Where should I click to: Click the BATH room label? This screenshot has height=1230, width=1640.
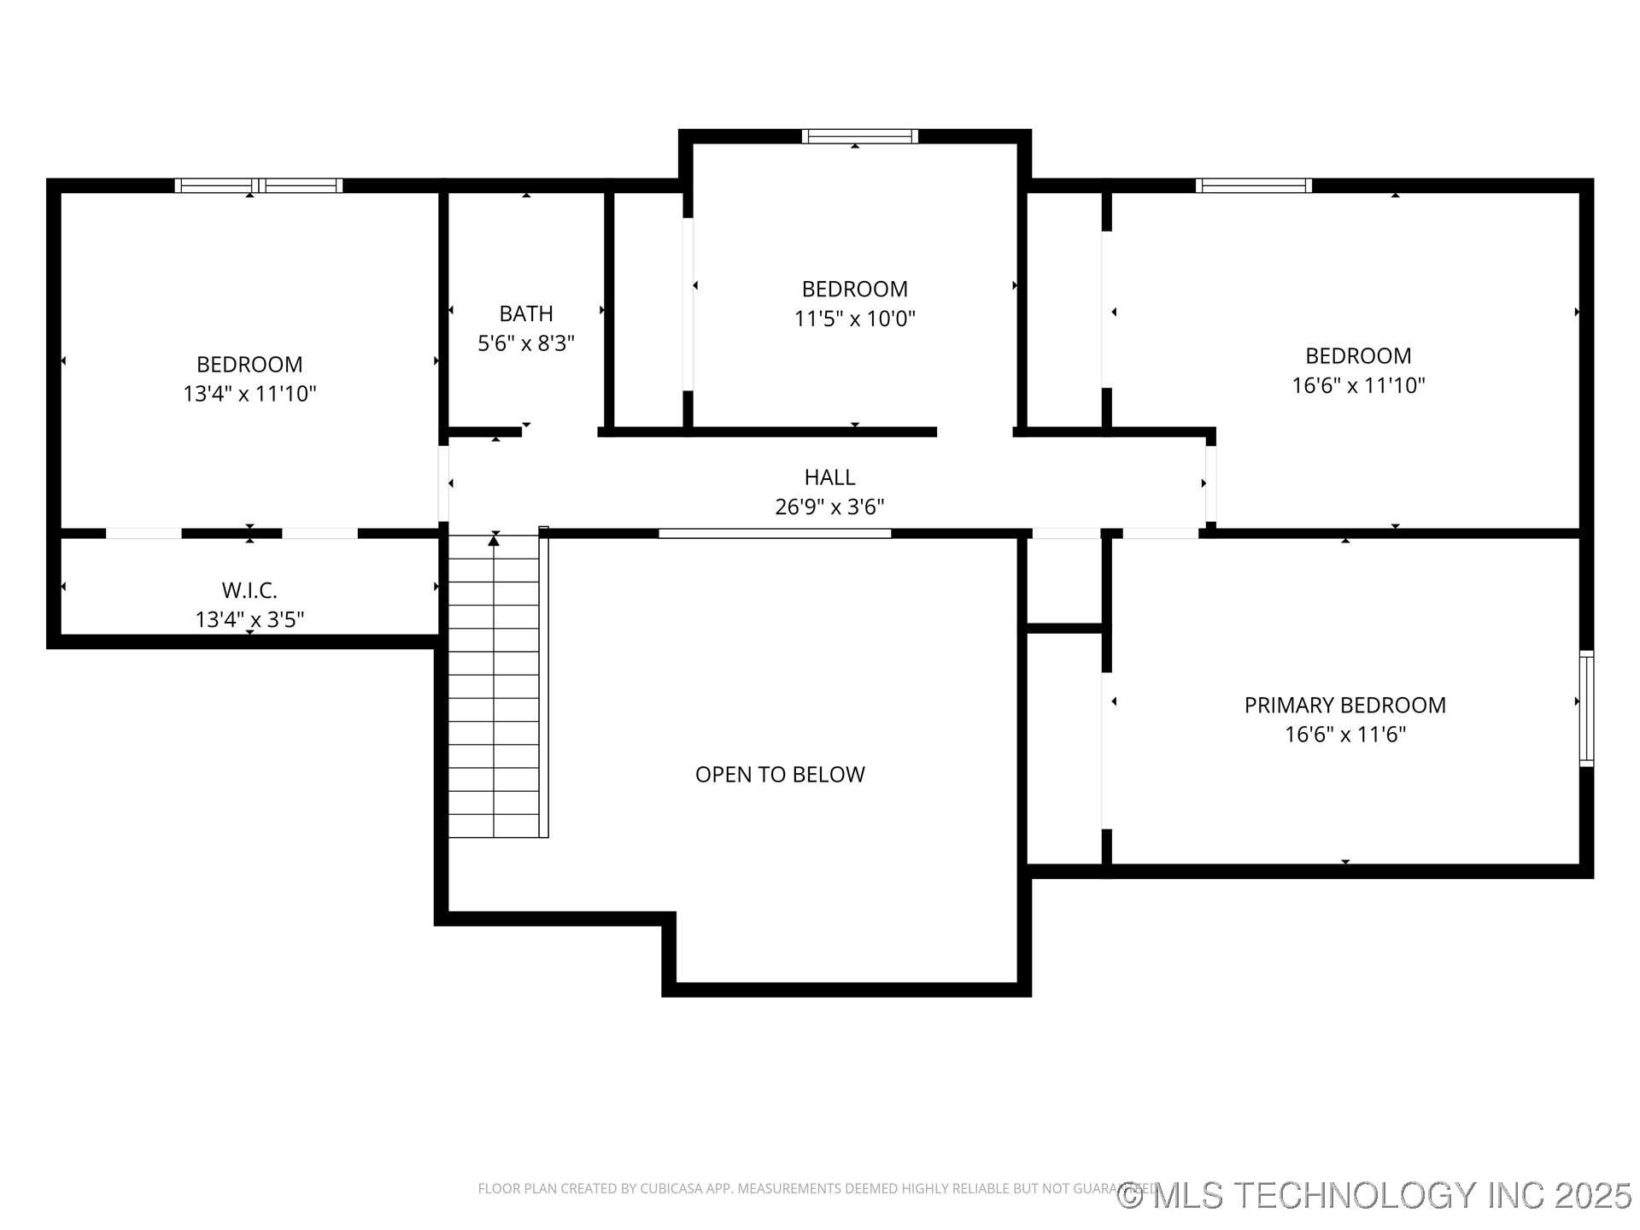[526, 313]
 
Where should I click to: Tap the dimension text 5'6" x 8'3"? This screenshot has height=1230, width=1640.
[526, 343]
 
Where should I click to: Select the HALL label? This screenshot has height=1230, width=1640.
[829, 477]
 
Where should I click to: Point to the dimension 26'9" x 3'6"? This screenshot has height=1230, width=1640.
[829, 507]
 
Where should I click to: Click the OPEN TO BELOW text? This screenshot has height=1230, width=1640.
[780, 775]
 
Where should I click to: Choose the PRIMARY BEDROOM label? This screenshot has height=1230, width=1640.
[1344, 706]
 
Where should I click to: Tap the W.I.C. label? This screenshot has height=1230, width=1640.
[249, 590]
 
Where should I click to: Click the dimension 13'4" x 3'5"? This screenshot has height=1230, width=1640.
[249, 620]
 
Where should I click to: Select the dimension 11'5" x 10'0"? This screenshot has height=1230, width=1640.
[854, 319]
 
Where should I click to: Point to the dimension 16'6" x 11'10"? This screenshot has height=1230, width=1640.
[1358, 385]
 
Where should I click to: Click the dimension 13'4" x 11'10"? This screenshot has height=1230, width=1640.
[249, 394]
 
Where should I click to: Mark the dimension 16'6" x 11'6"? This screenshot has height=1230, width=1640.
[1344, 735]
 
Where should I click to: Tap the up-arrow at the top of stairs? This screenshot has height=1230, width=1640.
[494, 540]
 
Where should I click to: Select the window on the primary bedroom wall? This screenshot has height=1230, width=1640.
[1586, 708]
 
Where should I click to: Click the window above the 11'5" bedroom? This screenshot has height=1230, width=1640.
[859, 136]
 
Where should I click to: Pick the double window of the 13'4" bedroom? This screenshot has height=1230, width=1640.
[259, 185]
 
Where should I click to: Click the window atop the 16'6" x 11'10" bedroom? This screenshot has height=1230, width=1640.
[1253, 185]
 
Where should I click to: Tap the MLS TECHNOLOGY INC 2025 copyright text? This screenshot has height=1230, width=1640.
[1375, 1195]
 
